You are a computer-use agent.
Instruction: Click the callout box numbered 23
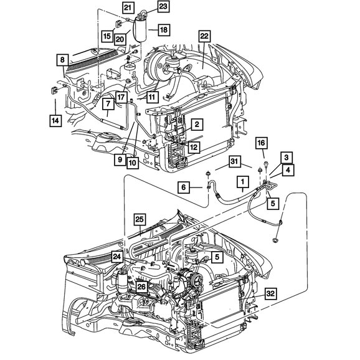coord(163,7)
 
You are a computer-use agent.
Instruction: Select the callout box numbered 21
coord(128,8)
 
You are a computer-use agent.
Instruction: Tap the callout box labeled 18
coord(164,30)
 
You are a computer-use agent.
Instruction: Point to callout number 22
coord(204,36)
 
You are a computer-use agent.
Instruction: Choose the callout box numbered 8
coord(62,60)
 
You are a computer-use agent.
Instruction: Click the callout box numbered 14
coord(55,121)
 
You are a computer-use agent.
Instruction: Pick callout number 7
coord(108,105)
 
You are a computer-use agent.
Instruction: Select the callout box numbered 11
coord(152,97)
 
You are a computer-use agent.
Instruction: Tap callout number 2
coord(197,125)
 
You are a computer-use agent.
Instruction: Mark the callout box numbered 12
coord(194,147)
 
